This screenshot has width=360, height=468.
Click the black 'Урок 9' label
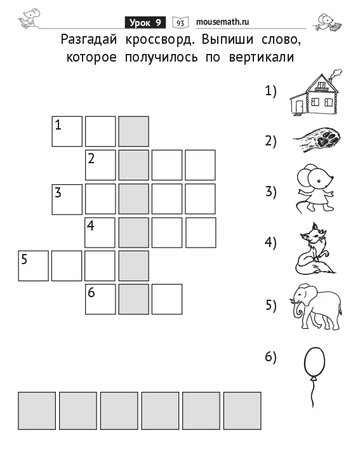click(x=145, y=22)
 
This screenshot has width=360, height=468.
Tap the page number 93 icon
click(x=180, y=23)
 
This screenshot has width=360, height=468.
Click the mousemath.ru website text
click(x=222, y=22)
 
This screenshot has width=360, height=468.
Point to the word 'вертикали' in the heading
click(x=262, y=57)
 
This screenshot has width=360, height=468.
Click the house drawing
click(x=316, y=93)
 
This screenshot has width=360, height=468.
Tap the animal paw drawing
click(x=317, y=140)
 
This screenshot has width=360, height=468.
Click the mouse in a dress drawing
click(x=315, y=188)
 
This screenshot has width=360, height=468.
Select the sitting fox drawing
click(x=315, y=248)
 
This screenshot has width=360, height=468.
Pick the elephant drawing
click(x=316, y=307)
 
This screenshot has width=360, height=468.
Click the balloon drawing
click(x=314, y=377)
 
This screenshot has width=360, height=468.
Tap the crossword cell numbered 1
click(x=67, y=131)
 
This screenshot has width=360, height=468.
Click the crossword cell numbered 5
click(x=34, y=266)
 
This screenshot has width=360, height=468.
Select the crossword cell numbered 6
click(x=100, y=299)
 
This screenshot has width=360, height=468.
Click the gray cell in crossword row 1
click(x=134, y=131)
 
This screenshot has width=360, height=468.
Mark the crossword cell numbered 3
click(x=67, y=199)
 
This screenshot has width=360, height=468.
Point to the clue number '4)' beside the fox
click(x=270, y=243)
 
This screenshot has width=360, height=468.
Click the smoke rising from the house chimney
click(x=337, y=74)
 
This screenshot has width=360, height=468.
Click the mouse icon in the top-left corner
click(x=29, y=18)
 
